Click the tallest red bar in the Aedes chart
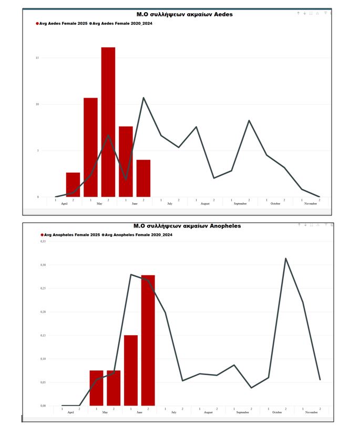click(x=108, y=122)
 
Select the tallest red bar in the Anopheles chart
click(x=148, y=340)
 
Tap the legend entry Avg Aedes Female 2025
click(x=62, y=24)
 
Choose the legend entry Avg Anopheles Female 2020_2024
click(x=138, y=235)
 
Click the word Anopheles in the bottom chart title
click(x=225, y=226)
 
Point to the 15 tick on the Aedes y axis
click(x=37, y=58)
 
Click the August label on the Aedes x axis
click(x=205, y=203)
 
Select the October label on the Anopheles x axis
click(x=277, y=412)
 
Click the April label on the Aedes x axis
click(x=64, y=203)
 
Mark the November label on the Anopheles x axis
click(x=311, y=412)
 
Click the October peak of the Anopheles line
click(x=286, y=258)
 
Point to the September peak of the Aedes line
click(x=249, y=121)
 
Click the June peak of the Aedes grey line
click(x=143, y=98)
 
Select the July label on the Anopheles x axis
click(x=173, y=412)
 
